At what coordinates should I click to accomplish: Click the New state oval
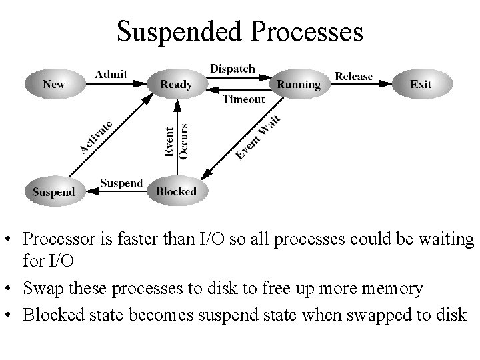click(x=53, y=84)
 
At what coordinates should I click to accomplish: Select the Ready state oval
click(x=176, y=84)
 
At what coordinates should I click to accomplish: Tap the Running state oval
click(x=299, y=84)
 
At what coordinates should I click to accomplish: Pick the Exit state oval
click(x=421, y=84)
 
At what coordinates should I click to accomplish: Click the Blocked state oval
click(x=176, y=192)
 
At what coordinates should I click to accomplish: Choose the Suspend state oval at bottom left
click(x=53, y=192)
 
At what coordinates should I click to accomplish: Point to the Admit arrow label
click(x=111, y=74)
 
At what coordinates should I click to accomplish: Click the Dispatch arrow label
click(x=232, y=69)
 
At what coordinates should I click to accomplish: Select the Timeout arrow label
click(x=243, y=99)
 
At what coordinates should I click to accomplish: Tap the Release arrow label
click(x=353, y=76)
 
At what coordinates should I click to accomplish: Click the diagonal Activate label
click(x=95, y=136)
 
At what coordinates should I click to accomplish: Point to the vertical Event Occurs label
click(x=176, y=140)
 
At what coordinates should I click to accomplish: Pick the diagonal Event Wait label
click(x=258, y=137)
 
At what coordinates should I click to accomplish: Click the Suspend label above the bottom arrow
click(x=121, y=183)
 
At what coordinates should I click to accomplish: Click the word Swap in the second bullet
click(x=38, y=288)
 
